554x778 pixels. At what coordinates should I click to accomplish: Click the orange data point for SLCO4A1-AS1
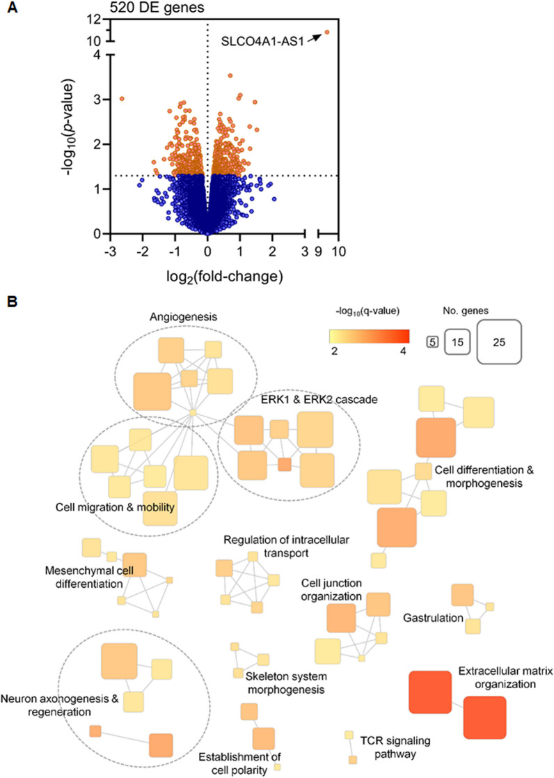pyautogui.click(x=326, y=32)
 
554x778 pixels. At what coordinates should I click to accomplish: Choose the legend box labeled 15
pyautogui.click(x=459, y=342)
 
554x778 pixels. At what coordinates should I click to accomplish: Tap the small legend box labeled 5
pyautogui.click(x=433, y=342)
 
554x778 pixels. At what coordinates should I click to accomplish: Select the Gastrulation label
pyautogui.click(x=434, y=617)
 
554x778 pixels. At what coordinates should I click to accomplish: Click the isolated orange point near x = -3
pyautogui.click(x=122, y=99)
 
